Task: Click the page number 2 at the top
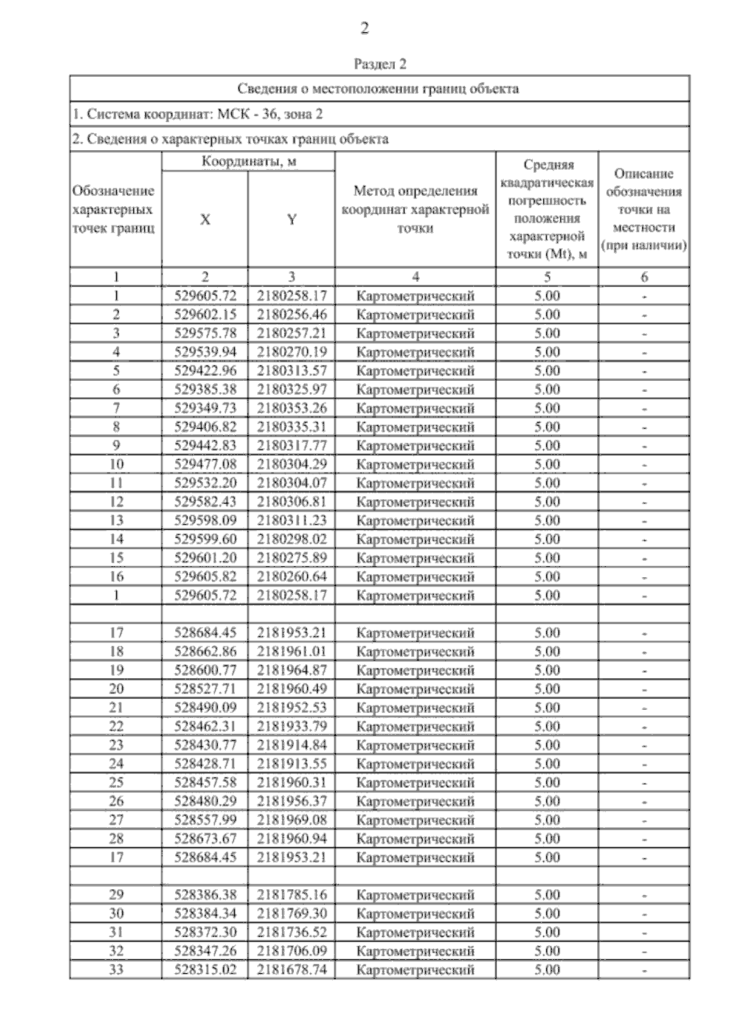(364, 29)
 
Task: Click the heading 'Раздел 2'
(380, 64)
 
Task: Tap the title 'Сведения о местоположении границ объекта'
(378, 89)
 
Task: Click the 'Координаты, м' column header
(249, 162)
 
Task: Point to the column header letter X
(205, 220)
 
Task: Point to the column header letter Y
(292, 220)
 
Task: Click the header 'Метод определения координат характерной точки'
(415, 210)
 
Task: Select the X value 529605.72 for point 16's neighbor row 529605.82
(205, 577)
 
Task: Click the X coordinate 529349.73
(205, 408)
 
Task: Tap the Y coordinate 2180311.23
(292, 521)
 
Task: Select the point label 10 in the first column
(116, 465)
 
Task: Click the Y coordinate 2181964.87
(292, 670)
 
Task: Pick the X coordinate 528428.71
(205, 764)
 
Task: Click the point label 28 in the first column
(116, 839)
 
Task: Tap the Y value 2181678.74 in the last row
(292, 970)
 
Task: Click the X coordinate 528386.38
(205, 895)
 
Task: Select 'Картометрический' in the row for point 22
(415, 727)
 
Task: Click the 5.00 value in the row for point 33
(547, 970)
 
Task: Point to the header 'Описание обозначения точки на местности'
(644, 210)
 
